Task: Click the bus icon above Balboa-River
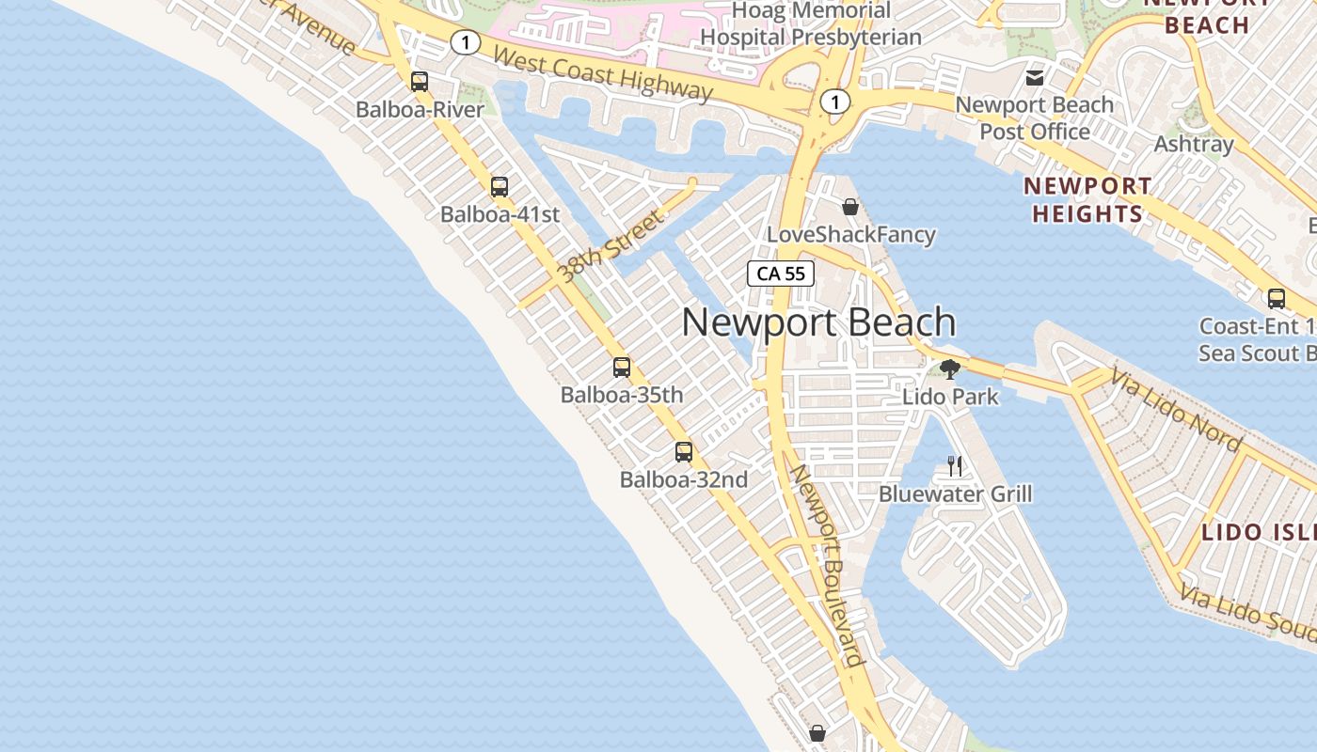[x=420, y=82]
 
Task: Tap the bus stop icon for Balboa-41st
[x=500, y=187]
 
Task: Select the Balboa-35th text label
[x=622, y=395]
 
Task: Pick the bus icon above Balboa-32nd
[x=684, y=452]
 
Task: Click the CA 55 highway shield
[x=781, y=274]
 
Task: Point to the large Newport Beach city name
[x=818, y=322]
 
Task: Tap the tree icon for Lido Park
[x=950, y=368]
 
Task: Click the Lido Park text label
[x=950, y=397]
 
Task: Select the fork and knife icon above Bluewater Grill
[x=955, y=465]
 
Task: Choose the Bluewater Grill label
[x=955, y=494]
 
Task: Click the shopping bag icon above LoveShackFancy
[x=850, y=207]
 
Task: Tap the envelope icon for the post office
[x=1035, y=77]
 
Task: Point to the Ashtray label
[x=1194, y=145]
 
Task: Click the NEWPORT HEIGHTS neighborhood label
[x=1087, y=200]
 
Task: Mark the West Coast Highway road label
[x=602, y=73]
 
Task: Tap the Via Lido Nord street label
[x=1176, y=410]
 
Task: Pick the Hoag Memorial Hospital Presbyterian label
[x=811, y=24]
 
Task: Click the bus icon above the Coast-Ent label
[x=1277, y=299]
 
